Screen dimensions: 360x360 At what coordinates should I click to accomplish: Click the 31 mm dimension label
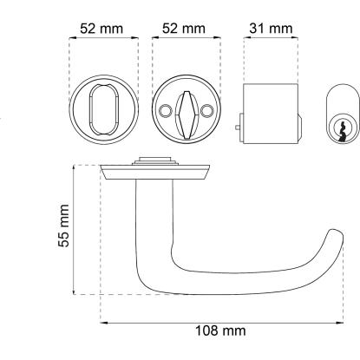point(271,29)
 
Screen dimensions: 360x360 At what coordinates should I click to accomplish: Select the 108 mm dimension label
point(221,331)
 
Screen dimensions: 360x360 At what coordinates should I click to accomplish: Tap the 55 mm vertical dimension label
point(64,226)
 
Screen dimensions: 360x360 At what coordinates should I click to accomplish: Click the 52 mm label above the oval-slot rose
point(101,29)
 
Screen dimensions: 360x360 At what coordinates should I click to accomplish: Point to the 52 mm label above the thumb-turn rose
point(184,29)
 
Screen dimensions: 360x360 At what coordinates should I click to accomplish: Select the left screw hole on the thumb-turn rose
point(165,110)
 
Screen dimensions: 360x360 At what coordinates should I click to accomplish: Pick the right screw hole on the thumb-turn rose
point(207,110)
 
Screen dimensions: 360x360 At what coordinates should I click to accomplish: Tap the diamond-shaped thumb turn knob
point(186,115)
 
